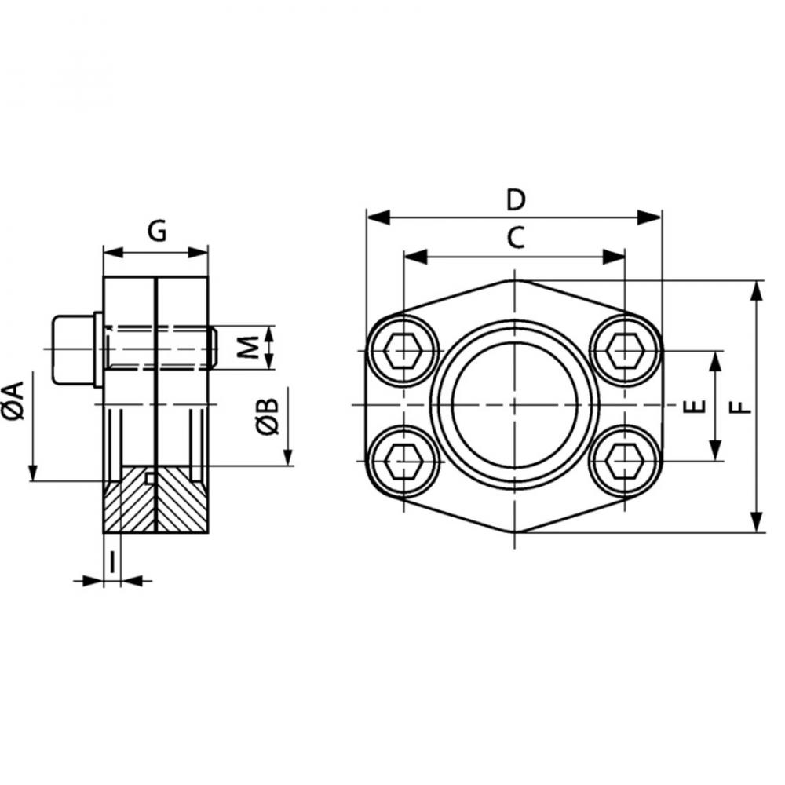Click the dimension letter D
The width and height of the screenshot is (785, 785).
point(515,200)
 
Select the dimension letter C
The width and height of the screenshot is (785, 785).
point(515,238)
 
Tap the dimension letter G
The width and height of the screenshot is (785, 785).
point(157,233)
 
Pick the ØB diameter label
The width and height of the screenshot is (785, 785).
point(268,414)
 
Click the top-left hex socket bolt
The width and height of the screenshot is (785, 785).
point(402,351)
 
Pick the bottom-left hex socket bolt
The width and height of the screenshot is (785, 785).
point(402,460)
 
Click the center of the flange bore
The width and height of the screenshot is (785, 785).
point(514,405)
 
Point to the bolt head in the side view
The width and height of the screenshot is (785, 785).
point(74,350)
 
